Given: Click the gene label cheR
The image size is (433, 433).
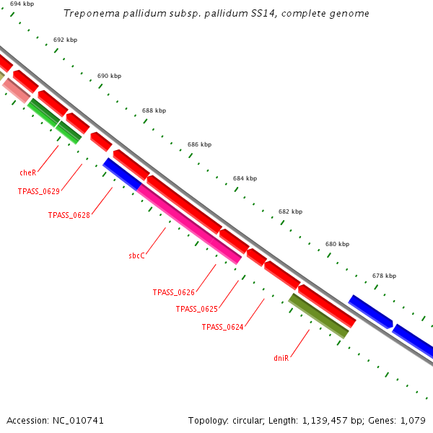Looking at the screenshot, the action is tap(27, 173).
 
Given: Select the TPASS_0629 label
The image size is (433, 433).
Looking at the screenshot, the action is tap(38, 191).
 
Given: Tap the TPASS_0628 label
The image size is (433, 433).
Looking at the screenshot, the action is tap(69, 215).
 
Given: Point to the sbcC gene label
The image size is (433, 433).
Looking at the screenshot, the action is tap(137, 255).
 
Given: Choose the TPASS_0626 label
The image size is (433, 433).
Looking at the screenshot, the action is tap(173, 292).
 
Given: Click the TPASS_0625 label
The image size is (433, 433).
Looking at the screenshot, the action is tap(196, 309).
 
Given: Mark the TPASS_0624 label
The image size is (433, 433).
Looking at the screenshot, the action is tap(222, 327).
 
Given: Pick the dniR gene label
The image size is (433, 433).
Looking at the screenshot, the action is tap(281, 357).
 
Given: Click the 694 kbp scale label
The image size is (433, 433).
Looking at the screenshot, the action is tap(22, 4).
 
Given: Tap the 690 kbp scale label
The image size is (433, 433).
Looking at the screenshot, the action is tap(109, 76).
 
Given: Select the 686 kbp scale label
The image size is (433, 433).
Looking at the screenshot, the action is tap(199, 144).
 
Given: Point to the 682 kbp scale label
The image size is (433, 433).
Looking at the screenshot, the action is tap(290, 211).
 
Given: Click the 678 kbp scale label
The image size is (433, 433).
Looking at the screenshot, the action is tap(384, 276).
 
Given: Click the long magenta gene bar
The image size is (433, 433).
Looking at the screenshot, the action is tap(189, 224).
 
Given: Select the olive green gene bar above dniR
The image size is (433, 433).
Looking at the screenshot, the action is tap(318, 315).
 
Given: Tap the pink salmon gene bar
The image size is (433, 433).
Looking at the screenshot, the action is tap(16, 90).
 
